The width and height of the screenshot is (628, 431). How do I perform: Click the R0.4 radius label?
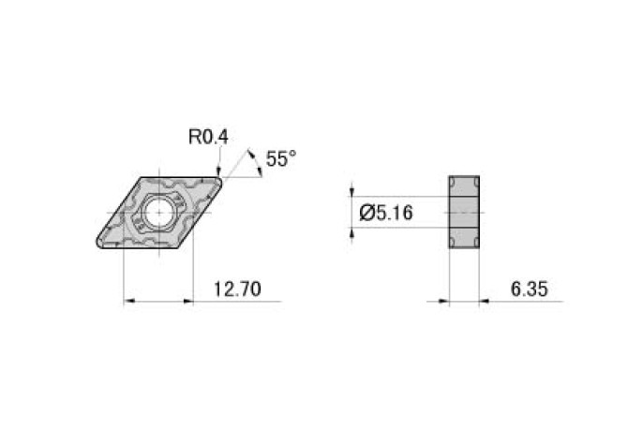208,137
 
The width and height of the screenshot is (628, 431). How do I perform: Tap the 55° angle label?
280,159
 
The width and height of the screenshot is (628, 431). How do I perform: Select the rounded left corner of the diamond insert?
98,245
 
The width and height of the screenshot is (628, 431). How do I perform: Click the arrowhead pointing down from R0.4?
218,170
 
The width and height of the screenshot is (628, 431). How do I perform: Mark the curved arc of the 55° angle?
255,159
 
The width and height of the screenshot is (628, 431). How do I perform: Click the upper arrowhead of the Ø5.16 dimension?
352,191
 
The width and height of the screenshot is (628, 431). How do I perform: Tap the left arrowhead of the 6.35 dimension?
442,302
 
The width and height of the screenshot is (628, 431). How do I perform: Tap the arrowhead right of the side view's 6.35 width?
486,302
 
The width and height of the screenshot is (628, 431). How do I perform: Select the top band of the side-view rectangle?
464,186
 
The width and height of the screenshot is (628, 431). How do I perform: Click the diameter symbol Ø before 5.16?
366,214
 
